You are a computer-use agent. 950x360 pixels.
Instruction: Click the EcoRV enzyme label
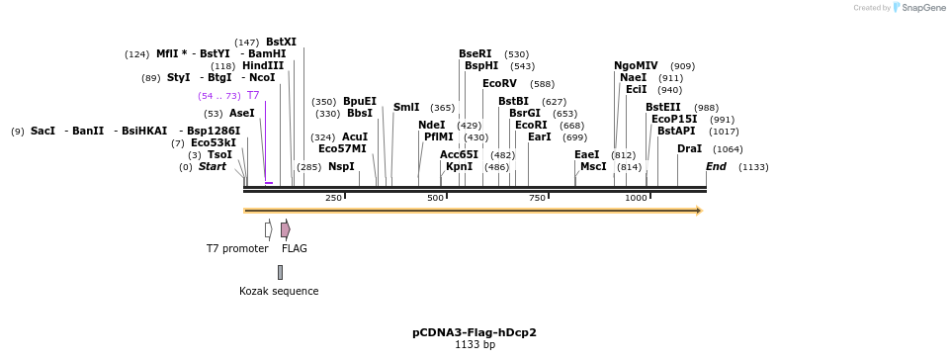pos(499,84)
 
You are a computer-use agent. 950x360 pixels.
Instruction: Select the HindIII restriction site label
pos(263,66)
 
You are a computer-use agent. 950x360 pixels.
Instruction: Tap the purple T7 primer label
pos(253,96)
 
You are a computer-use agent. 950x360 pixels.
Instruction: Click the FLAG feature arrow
pos(285,229)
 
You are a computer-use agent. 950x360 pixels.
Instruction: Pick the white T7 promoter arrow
pos(268,229)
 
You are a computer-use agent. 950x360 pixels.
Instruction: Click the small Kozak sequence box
pos(280,272)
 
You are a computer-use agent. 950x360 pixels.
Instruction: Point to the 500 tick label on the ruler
pos(435,198)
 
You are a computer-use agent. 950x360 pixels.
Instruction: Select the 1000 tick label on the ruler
pos(636,198)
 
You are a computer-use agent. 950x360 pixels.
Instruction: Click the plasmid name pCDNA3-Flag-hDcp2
pos(475,332)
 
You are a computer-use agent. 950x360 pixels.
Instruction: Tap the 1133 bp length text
pos(475,345)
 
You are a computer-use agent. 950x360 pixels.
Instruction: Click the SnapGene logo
pos(918,8)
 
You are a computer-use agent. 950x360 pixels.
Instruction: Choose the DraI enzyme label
pos(689,149)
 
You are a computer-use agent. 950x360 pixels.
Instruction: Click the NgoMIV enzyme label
pos(636,66)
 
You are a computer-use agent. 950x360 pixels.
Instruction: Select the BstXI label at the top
pos(281,43)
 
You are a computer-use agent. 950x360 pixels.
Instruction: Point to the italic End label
pos(716,167)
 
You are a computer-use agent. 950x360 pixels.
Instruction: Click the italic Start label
pos(212,167)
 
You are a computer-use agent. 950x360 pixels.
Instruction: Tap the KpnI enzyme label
pos(459,167)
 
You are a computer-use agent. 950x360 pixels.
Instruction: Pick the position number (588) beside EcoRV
pos(542,84)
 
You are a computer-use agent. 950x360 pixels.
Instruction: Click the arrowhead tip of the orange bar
pos(700,211)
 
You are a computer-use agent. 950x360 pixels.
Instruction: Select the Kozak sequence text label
pos(279,292)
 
